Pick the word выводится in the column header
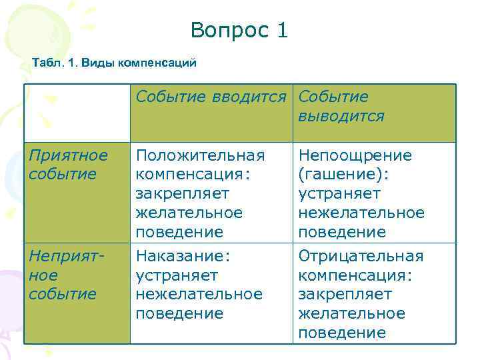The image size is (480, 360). (x=341, y=117)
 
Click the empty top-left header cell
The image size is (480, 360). (x=77, y=113)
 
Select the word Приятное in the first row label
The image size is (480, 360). (x=67, y=155)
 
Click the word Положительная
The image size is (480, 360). (x=200, y=155)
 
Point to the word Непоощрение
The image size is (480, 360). (x=355, y=155)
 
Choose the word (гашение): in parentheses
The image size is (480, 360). (x=343, y=175)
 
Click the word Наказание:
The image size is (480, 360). (x=182, y=256)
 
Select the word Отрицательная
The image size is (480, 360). (x=361, y=256)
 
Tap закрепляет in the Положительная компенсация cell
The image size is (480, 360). (x=182, y=194)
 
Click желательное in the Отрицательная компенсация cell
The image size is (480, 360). (x=351, y=313)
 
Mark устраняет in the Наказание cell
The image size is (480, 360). (x=177, y=275)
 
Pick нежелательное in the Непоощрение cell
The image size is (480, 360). (x=361, y=213)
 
